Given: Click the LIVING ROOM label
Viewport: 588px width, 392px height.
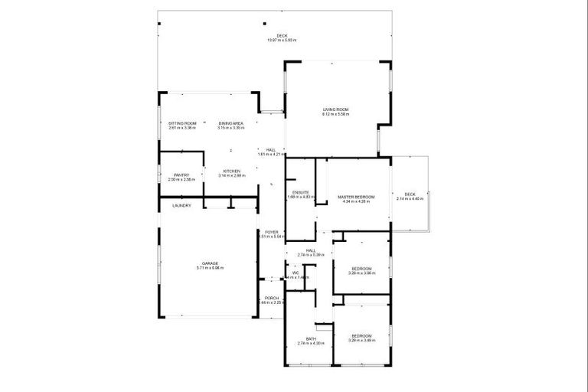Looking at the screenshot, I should click(x=335, y=109).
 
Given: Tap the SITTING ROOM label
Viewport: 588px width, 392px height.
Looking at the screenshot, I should click(x=183, y=123).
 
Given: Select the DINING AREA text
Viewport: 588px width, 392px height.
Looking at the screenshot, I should click(x=230, y=123).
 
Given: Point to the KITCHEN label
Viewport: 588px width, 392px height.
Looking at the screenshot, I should click(x=231, y=171).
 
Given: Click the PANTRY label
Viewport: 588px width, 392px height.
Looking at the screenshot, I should click(x=181, y=175).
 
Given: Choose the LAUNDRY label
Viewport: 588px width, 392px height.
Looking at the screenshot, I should click(x=181, y=205).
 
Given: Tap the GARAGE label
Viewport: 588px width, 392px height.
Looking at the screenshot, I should click(x=211, y=263).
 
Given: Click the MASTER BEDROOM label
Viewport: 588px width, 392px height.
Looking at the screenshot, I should click(x=357, y=197).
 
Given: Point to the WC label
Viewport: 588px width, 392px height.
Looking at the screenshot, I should click(x=295, y=272).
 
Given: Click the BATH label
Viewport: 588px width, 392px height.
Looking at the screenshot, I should click(x=311, y=338).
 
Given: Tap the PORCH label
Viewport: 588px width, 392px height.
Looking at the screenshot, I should click(x=271, y=298).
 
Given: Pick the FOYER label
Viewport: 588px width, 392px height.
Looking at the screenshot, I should click(x=271, y=231).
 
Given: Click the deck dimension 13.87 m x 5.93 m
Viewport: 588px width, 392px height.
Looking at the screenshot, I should click(x=282, y=40).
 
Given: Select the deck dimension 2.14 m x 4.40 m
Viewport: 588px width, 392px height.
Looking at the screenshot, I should click(x=410, y=199).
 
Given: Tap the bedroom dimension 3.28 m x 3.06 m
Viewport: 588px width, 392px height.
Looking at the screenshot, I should click(x=361, y=273).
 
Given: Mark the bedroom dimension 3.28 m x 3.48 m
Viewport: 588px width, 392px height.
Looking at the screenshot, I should click(x=361, y=341).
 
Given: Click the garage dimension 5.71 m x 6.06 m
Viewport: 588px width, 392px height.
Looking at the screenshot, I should click(x=211, y=267).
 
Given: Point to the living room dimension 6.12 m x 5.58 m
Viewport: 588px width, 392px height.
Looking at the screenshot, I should click(x=335, y=114).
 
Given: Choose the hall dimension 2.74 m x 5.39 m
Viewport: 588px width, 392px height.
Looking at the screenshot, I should click(x=311, y=254).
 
